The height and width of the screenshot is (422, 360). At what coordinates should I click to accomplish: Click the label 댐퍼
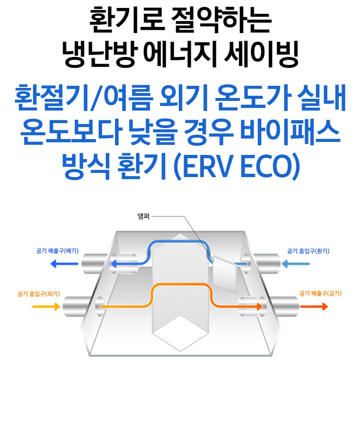click(x=143, y=217)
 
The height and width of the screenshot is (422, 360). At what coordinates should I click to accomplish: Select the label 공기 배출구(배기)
click(x=57, y=251)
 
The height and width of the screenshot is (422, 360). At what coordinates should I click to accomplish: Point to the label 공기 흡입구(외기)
click(x=39, y=294)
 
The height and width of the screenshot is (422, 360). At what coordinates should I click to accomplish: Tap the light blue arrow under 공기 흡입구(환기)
click(x=296, y=264)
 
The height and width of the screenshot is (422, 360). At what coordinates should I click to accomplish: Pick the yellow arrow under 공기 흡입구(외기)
click(x=46, y=306)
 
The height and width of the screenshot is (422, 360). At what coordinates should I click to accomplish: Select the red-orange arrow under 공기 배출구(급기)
click(x=314, y=306)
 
